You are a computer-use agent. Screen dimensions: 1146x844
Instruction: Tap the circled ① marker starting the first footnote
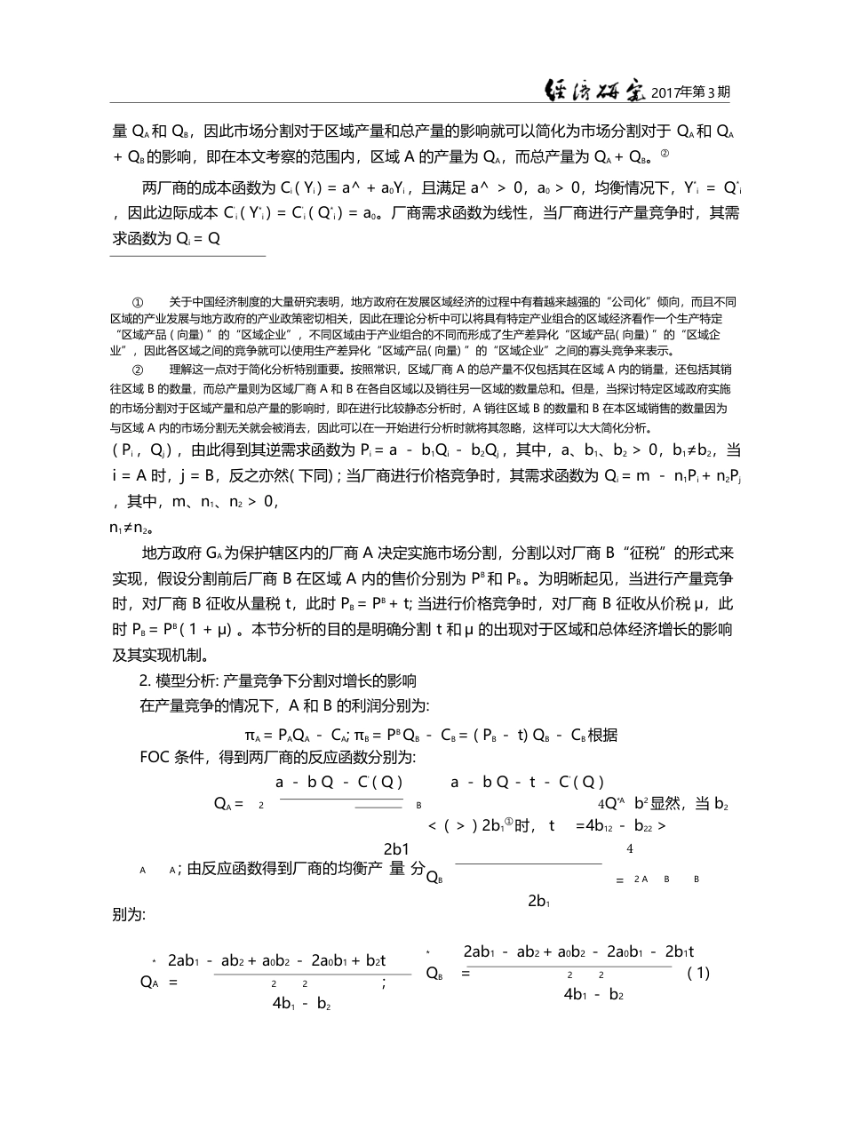[138, 303]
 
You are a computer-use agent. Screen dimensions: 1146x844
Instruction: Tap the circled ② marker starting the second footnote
[138, 369]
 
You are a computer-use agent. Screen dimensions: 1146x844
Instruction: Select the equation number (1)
[699, 973]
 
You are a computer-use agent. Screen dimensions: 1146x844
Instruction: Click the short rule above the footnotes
[187, 257]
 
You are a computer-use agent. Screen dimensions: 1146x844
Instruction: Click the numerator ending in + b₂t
[276, 960]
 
